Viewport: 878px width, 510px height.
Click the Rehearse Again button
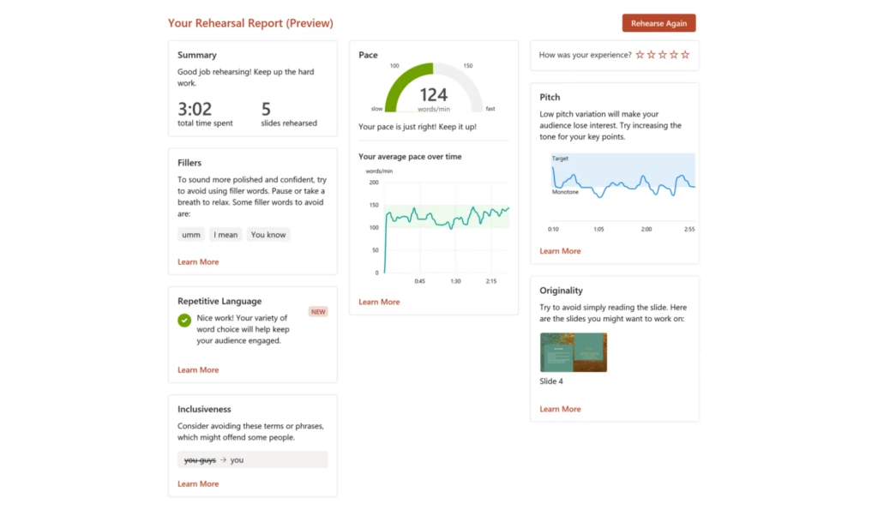point(658,23)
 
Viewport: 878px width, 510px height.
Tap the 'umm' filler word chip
point(190,234)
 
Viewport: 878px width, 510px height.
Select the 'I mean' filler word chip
point(226,234)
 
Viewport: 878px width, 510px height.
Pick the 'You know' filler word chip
point(268,234)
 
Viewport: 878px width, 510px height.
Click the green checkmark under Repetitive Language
point(184,321)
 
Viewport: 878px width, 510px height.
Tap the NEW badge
point(318,312)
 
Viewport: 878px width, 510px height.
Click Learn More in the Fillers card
point(198,261)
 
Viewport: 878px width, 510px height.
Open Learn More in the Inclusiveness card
point(198,483)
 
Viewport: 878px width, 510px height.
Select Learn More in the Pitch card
point(560,251)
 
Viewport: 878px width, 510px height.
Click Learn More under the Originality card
point(560,409)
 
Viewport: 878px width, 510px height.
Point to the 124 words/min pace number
point(434,96)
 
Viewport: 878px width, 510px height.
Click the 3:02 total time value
point(194,109)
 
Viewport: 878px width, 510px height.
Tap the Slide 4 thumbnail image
point(574,352)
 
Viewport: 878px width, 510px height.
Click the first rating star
point(640,55)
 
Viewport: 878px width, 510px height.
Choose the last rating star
point(685,55)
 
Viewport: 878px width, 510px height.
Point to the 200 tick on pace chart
point(373,182)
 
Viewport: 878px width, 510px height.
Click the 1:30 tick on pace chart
point(455,281)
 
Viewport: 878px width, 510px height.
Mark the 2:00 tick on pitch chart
point(646,230)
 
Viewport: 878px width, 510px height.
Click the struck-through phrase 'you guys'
point(200,460)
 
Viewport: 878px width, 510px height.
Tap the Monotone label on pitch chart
point(565,192)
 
